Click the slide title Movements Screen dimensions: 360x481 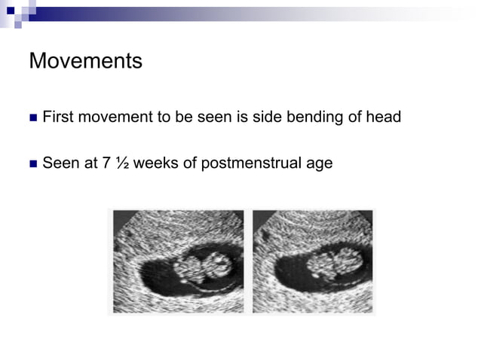(85, 61)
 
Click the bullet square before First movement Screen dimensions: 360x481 (32, 118)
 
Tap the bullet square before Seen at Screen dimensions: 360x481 (32, 163)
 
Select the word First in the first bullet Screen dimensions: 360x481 (57, 117)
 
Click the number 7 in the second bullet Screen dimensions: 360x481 (106, 163)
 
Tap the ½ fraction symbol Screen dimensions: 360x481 (120, 163)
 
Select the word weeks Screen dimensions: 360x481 (154, 163)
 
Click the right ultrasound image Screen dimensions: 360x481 (313, 261)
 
